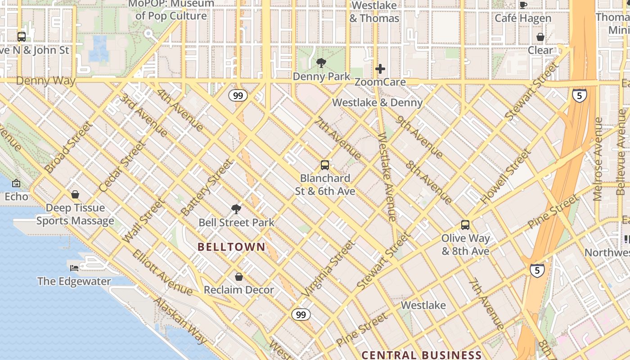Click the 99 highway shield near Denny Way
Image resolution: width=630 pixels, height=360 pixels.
[x=238, y=95]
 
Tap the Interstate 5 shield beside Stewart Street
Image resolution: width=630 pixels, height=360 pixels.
[x=579, y=95]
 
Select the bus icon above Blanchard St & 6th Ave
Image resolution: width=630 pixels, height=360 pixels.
[x=325, y=165]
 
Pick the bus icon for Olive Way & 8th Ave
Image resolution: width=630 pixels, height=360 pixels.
[x=465, y=225]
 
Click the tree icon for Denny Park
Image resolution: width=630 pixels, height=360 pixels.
[x=321, y=63]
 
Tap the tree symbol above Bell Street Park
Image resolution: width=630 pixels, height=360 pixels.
[x=236, y=209]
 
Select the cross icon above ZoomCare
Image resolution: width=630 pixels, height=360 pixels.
[x=380, y=69]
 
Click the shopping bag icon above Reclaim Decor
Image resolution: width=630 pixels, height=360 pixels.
[x=239, y=276]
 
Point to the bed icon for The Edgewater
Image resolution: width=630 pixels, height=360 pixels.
[x=74, y=268]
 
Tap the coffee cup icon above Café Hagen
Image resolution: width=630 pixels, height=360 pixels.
[x=523, y=5]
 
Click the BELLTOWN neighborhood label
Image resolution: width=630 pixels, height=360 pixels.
[x=232, y=247]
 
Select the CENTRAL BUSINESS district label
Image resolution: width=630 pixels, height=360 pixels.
[x=421, y=355]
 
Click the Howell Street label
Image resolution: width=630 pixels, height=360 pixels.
[x=506, y=176]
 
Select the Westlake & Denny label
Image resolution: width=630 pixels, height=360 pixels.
[x=377, y=103]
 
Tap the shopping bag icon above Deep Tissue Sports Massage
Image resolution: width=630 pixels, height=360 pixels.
[x=75, y=194]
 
